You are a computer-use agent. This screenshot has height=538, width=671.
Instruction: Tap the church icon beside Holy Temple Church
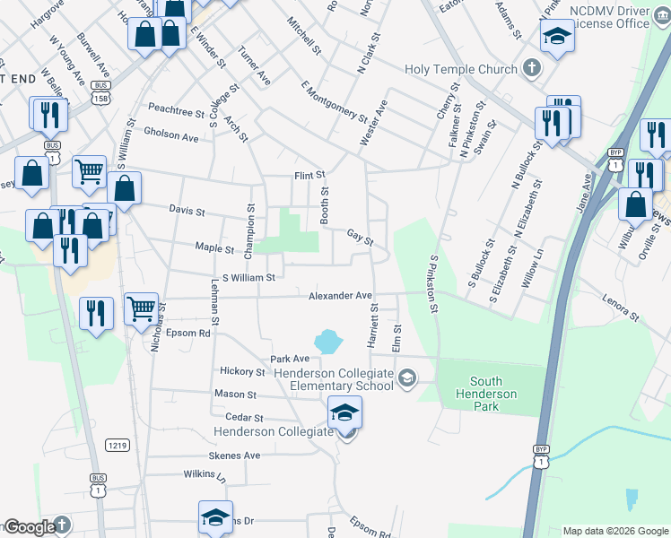[531, 68]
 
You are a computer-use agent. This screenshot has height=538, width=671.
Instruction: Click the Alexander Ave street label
[340, 295]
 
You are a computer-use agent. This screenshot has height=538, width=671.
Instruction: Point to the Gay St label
[360, 238]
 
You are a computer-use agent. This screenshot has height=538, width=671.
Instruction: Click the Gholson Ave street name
[170, 137]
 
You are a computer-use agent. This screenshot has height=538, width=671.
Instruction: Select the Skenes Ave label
[234, 456]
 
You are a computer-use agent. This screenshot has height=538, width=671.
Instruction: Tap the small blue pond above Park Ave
[328, 341]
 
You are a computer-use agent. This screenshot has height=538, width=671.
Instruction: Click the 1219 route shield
[117, 445]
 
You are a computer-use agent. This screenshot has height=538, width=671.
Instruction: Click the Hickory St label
[242, 371]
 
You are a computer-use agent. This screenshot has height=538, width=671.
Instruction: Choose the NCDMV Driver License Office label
[606, 16]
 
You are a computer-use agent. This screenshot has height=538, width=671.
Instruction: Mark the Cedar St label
[244, 418]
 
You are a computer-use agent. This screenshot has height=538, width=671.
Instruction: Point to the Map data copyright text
[614, 531]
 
